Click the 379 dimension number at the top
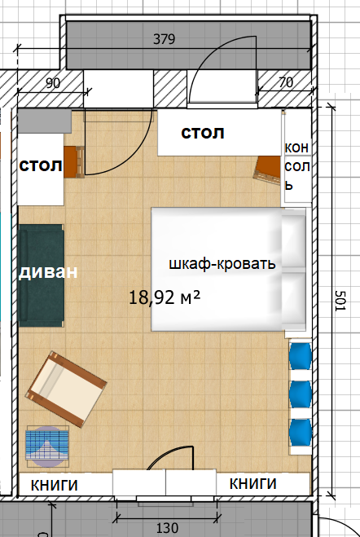point(164,39)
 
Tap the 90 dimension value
point(53,83)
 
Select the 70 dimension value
point(286,82)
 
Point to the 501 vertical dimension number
point(340,301)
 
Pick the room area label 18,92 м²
point(165,297)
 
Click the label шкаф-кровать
point(222,264)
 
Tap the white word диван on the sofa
point(48,272)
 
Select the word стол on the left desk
point(41,166)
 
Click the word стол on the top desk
point(203,133)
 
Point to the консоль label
point(297,166)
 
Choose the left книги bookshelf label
point(55,486)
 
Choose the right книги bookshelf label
point(252,483)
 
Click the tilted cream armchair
point(66,389)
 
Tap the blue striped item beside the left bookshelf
point(47,447)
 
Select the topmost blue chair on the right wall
point(300,357)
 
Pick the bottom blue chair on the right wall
point(300,433)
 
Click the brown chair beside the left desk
point(74,162)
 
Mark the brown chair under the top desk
point(267,169)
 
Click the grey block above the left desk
point(45,121)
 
